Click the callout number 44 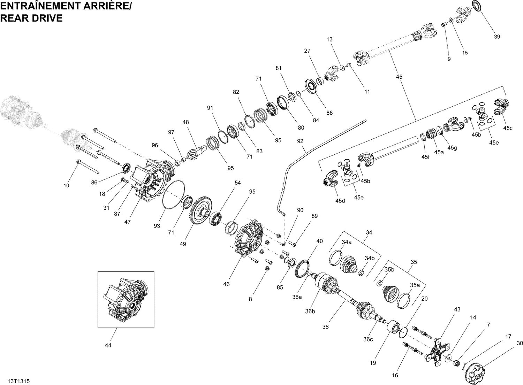point(108,345)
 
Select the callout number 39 point(497,37)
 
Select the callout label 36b point(310,311)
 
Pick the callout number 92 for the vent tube point(300,141)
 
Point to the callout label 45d point(340,201)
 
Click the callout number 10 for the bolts point(66,186)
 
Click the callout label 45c point(508,128)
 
